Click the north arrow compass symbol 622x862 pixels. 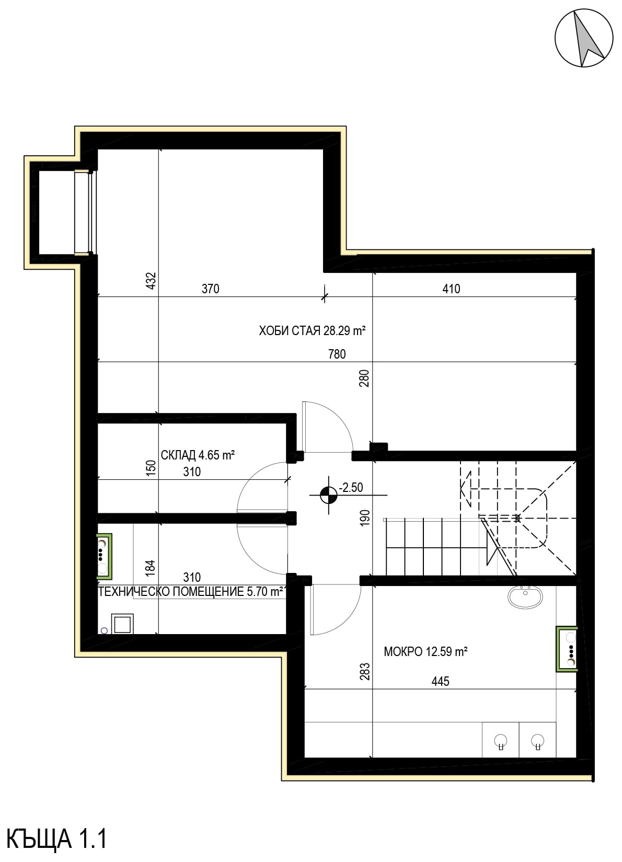(583, 38)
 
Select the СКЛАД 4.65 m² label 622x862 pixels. (198, 455)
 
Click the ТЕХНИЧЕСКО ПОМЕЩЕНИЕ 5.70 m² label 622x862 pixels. (191, 591)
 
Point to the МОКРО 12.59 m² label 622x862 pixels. (425, 651)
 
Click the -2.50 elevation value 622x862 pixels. (351, 487)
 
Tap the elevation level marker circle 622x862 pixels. (328, 495)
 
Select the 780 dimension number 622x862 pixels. (337, 354)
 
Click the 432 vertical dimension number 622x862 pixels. (151, 281)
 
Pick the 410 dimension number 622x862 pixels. (451, 289)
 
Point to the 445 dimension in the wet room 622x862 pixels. (440, 681)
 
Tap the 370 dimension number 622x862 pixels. (211, 289)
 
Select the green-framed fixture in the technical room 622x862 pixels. (104, 556)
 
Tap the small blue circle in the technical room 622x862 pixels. (104, 630)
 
